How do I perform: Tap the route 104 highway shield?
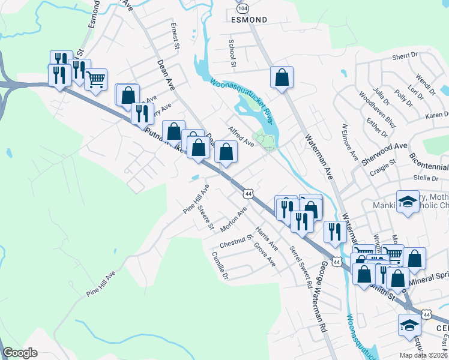tap(243, 9)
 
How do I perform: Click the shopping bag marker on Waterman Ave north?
tap(282, 77)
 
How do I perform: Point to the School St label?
tap(231, 53)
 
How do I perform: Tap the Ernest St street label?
tap(175, 36)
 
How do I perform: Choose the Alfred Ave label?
tap(241, 136)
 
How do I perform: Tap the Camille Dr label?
tap(220, 265)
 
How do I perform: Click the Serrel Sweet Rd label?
tap(301, 264)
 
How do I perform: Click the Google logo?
tap(20, 353)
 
